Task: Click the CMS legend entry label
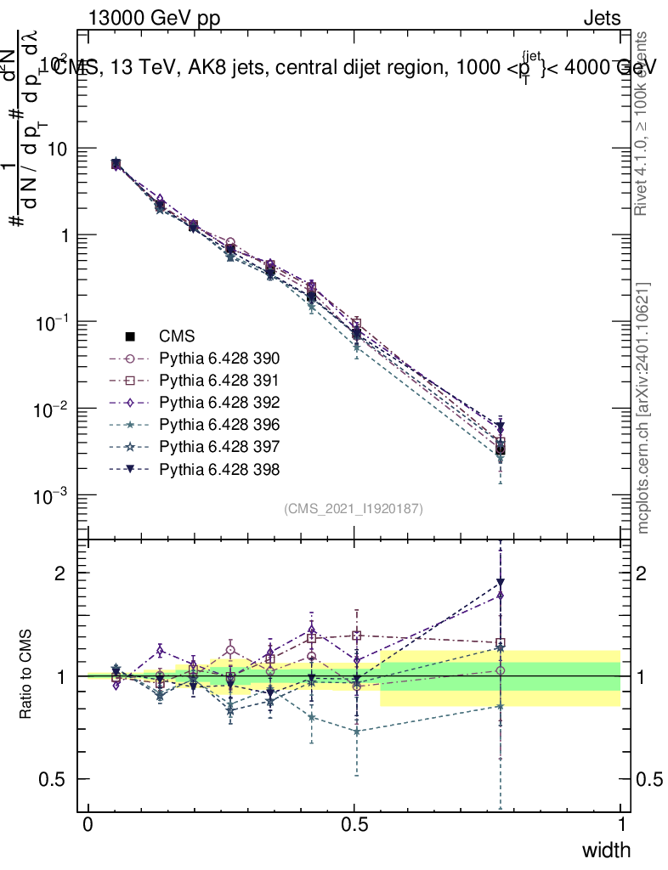[x=177, y=336]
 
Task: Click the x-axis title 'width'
[x=606, y=850]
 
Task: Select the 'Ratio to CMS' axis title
[x=26, y=675]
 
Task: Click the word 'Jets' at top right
[x=601, y=18]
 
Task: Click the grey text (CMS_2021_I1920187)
[x=354, y=509]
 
